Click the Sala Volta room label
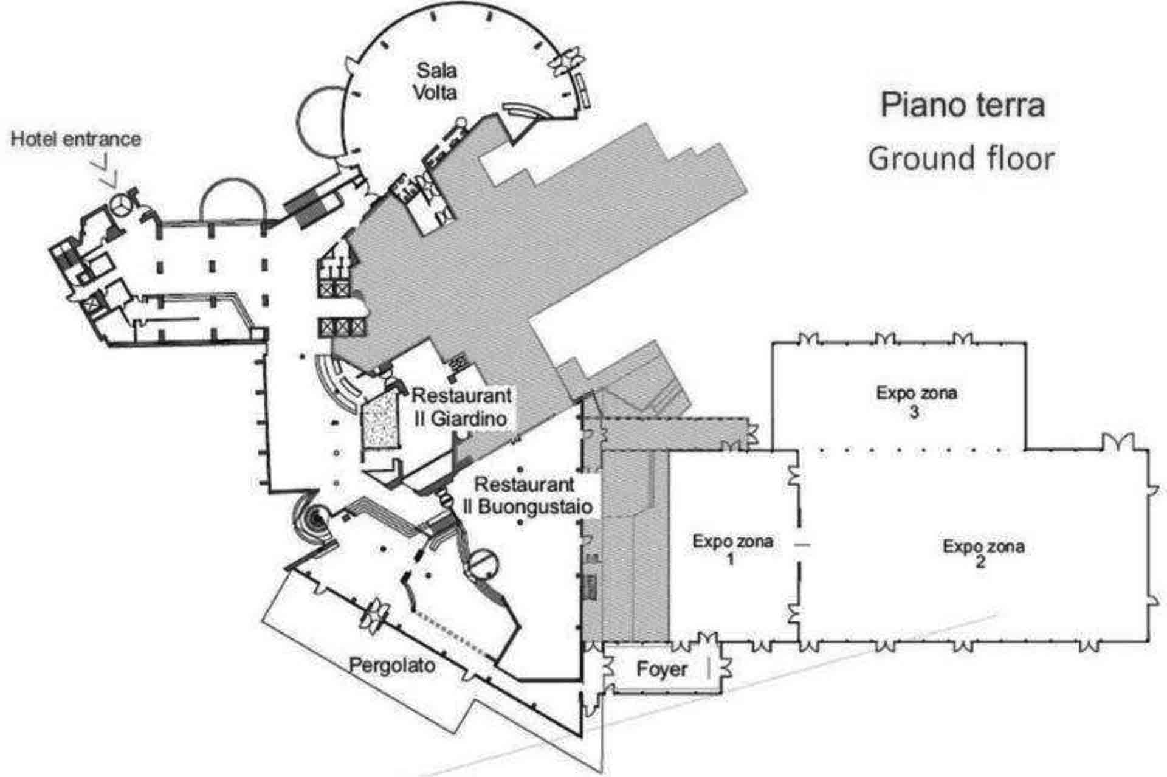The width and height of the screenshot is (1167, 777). point(435,81)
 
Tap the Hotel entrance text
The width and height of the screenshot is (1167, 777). point(76,139)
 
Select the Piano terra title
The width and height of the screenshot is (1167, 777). point(963,105)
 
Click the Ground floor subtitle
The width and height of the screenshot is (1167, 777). point(961,158)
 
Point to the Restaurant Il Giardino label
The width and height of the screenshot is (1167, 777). point(461,406)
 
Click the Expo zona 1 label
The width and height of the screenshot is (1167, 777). point(732,549)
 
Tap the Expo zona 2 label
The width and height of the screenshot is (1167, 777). point(983,553)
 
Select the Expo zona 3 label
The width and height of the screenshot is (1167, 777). point(916,401)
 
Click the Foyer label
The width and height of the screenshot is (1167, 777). point(662,669)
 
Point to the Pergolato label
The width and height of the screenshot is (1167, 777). point(392,665)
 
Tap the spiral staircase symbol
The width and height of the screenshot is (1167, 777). point(314,518)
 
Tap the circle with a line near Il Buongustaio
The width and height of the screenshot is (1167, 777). point(484,562)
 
